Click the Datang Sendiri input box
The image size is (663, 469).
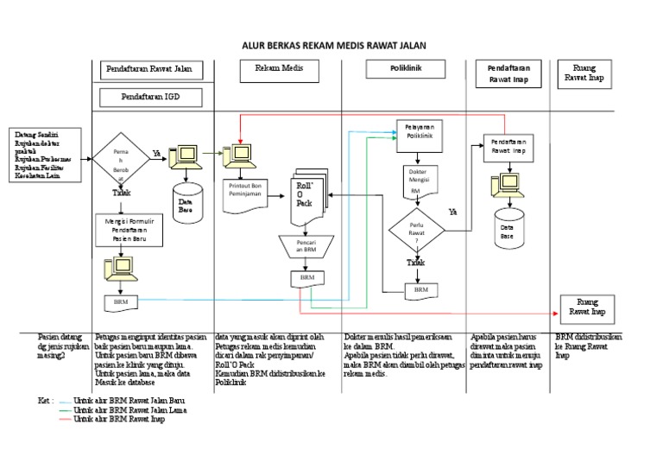[x=47, y=155]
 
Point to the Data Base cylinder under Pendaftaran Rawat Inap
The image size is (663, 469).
[x=508, y=229]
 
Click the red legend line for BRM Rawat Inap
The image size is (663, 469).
[x=60, y=418]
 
